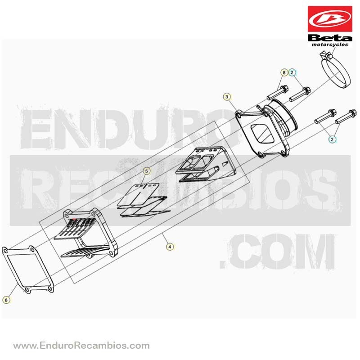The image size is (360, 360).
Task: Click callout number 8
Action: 284,73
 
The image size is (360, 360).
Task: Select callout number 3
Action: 227,97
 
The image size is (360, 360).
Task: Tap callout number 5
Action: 147,171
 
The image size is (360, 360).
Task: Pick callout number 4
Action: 170,247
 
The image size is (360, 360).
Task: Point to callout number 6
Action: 6,300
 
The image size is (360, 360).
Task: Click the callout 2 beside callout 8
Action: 292,73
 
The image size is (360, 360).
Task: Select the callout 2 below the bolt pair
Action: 332,139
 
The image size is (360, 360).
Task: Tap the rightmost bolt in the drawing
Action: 346,117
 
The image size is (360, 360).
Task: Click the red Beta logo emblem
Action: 330,19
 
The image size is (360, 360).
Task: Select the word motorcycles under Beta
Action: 330,44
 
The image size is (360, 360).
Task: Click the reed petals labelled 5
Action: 143,200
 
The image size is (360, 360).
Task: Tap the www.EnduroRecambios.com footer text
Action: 81,345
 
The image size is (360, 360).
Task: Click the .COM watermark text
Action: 277,251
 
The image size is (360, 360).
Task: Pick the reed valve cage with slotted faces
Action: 86,233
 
